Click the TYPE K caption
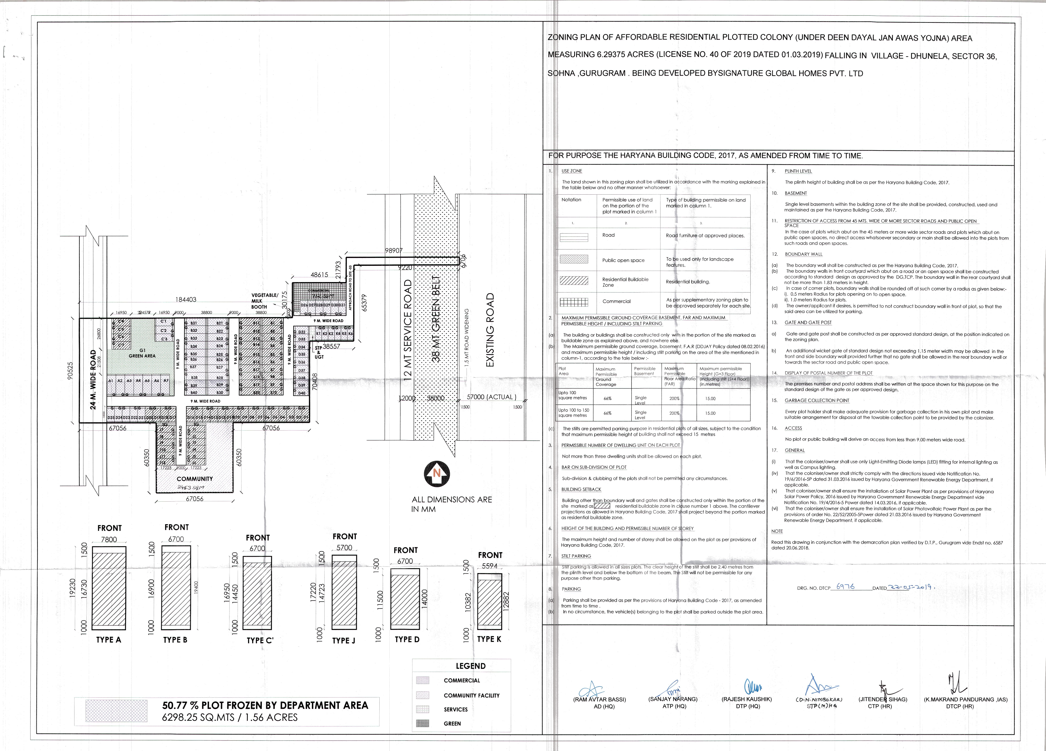click(489, 639)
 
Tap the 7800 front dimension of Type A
click(109, 539)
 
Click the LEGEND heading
click(470, 666)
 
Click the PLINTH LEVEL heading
click(798, 171)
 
